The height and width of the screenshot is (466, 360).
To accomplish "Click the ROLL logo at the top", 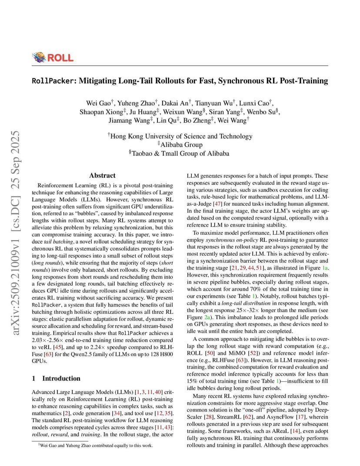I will (x=53, y=57).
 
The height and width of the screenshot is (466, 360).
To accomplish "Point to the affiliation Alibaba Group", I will (x=180, y=144).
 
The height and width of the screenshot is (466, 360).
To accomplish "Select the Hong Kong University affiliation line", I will (x=180, y=136).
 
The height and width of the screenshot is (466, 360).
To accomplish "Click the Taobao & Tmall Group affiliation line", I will (x=180, y=153).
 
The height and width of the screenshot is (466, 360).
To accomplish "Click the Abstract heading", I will (x=102, y=176).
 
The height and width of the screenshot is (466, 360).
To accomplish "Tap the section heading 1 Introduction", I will (x=57, y=378).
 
